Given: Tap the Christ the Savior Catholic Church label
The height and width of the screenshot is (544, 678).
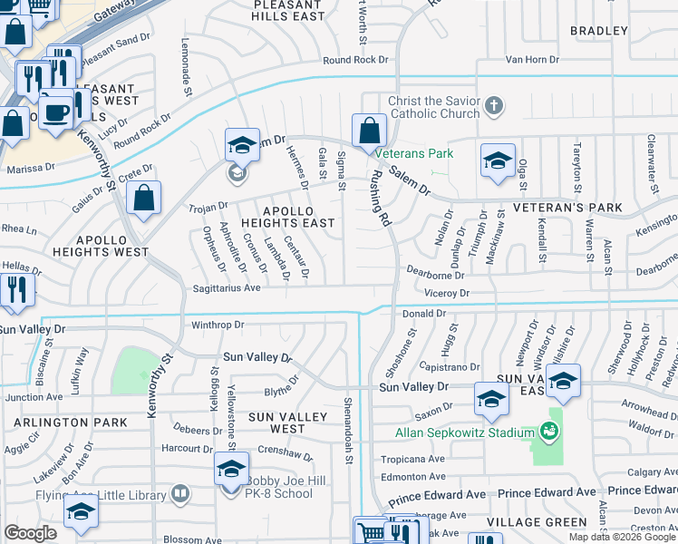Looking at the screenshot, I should [433, 107].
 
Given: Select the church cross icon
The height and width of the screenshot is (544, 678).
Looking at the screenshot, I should [494, 107].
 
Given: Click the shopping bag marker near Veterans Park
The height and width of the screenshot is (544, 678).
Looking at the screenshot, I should [369, 131].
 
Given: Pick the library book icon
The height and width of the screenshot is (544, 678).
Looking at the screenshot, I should [180, 494].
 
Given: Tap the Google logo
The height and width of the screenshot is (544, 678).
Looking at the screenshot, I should [30, 533].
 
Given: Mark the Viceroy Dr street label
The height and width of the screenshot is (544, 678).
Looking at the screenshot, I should [448, 294].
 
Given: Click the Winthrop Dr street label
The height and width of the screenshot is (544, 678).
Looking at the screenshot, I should [218, 324].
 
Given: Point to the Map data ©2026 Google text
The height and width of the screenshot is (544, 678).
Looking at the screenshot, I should [621, 537].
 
